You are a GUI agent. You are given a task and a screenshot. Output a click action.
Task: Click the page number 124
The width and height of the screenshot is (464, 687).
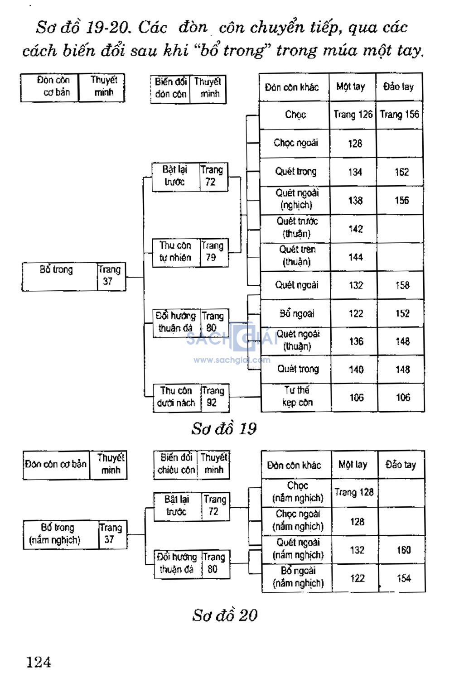pos(39,662)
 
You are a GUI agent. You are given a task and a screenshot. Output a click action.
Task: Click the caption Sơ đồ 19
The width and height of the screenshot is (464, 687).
pos(224,428)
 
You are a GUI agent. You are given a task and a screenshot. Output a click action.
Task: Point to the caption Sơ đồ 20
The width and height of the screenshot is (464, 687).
pos(225,615)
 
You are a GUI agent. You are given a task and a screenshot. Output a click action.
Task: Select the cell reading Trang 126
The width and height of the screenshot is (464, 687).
pos(353,115)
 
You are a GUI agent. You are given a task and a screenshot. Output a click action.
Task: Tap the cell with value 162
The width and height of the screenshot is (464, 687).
pos(401,172)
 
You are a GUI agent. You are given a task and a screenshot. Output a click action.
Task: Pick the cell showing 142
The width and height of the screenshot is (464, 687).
pos(355,229)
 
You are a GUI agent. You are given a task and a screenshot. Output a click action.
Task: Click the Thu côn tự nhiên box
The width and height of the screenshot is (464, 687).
pos(175,252)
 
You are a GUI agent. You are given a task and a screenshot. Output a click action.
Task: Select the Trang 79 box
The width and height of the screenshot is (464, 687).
pos(212,252)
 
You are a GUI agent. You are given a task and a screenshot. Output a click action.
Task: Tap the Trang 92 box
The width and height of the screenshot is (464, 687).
pos(213,397)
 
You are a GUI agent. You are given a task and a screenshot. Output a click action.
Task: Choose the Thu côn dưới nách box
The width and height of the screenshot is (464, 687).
pos(176,397)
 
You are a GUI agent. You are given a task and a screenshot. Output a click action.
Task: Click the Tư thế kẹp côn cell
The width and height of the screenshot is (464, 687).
pos(297,396)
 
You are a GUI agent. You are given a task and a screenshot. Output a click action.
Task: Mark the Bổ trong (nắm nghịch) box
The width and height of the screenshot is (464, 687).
pos(55,534)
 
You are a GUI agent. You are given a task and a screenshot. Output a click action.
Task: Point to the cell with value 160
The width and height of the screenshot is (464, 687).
pos(403,550)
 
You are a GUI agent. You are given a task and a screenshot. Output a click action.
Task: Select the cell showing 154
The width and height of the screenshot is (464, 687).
pos(403,578)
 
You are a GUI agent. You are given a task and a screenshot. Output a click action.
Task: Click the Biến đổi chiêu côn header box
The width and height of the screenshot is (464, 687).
pos(176,464)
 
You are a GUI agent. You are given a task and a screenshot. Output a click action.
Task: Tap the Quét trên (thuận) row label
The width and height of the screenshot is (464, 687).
pos(297,256)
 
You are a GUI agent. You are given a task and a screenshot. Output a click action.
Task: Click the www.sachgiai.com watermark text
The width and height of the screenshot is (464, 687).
pos(232,360)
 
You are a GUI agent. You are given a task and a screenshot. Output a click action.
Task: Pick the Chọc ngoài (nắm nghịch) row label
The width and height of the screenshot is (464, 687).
pos(298,520)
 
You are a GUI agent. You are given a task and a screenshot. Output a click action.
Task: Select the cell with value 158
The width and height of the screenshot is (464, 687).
pos(402,285)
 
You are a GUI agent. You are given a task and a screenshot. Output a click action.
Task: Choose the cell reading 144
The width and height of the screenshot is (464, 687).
pos(355,257)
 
